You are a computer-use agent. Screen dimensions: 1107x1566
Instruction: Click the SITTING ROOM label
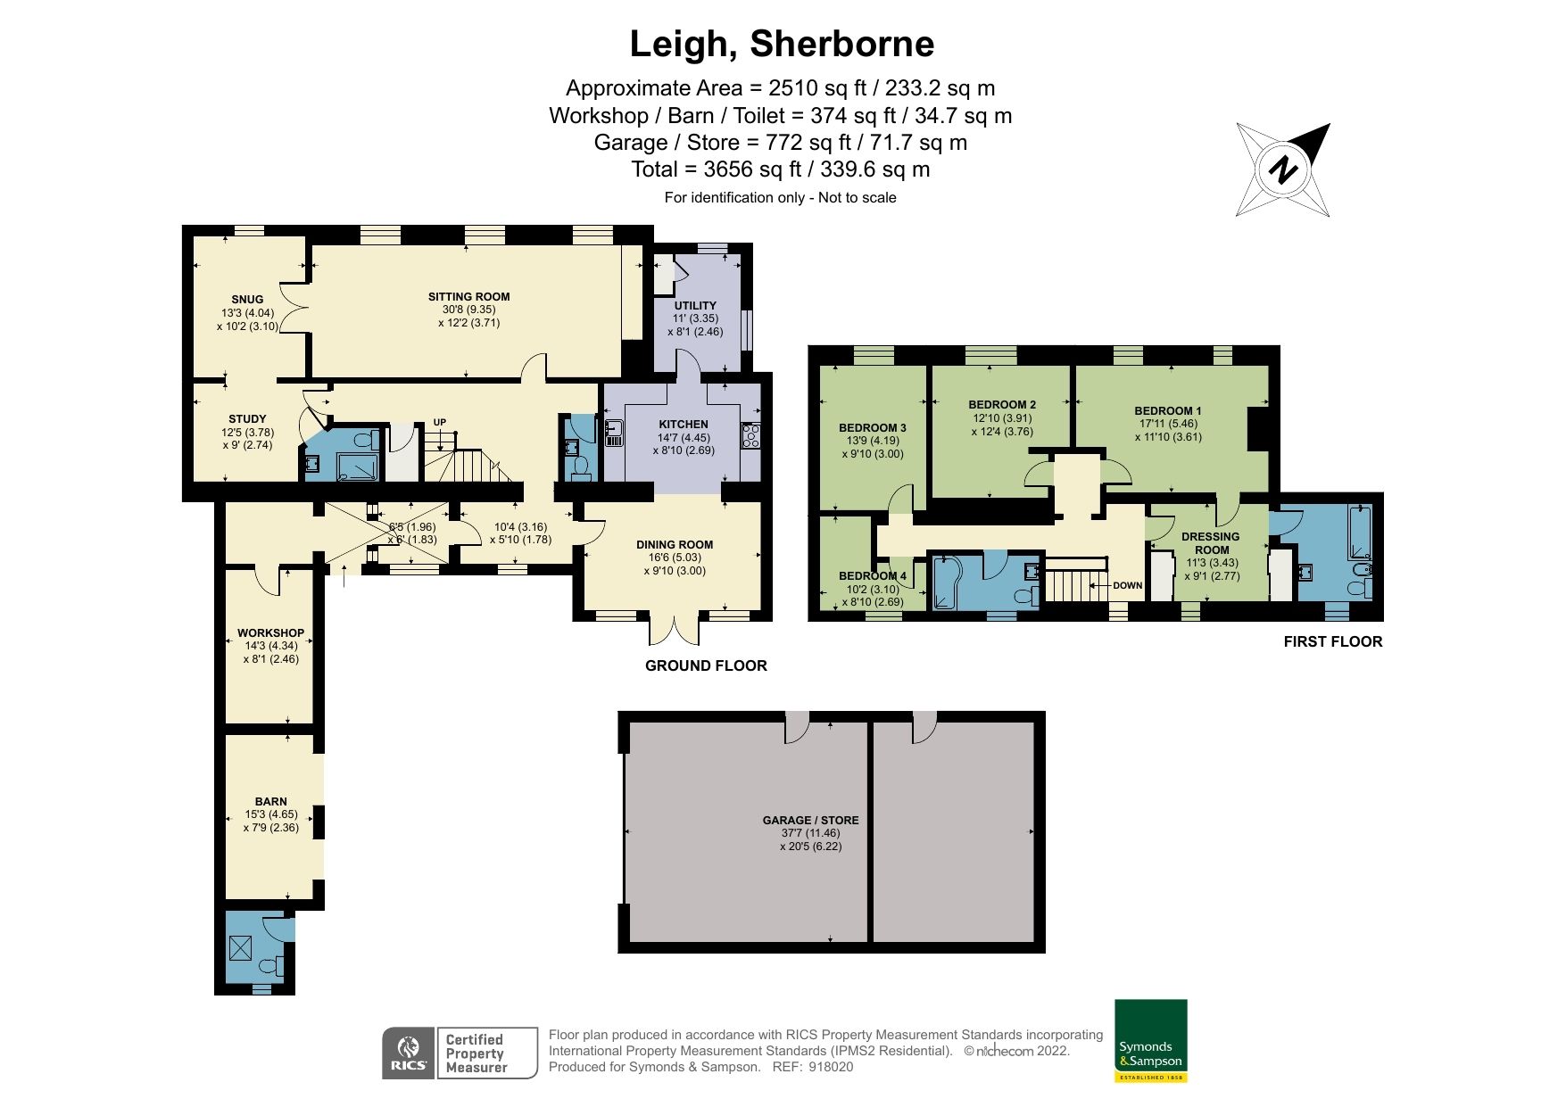point(468,297)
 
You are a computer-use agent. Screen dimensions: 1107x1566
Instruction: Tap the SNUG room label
point(247,300)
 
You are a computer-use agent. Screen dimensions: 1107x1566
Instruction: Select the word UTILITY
point(695,305)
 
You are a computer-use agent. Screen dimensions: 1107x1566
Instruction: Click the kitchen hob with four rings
point(750,435)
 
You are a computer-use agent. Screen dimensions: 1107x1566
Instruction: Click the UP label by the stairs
point(440,422)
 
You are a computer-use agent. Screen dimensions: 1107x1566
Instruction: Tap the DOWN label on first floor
point(1127,585)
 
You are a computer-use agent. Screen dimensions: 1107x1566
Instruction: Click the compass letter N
point(1283,169)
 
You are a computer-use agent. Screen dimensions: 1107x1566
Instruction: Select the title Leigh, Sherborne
point(782,43)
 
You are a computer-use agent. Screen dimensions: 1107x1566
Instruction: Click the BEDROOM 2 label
point(1003,404)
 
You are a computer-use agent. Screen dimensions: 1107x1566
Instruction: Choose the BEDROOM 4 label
point(872,576)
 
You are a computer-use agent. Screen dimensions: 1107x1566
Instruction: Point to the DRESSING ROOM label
point(1211,543)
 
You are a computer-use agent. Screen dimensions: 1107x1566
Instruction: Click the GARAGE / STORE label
point(810,820)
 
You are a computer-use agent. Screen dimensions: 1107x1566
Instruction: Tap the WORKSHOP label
point(270,632)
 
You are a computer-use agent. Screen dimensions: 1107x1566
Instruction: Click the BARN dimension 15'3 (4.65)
point(270,814)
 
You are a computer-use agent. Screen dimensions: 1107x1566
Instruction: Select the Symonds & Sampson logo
point(1151,1040)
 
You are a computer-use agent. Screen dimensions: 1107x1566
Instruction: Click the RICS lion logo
point(409,1053)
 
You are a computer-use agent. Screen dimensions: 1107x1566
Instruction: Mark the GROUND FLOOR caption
point(706,665)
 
